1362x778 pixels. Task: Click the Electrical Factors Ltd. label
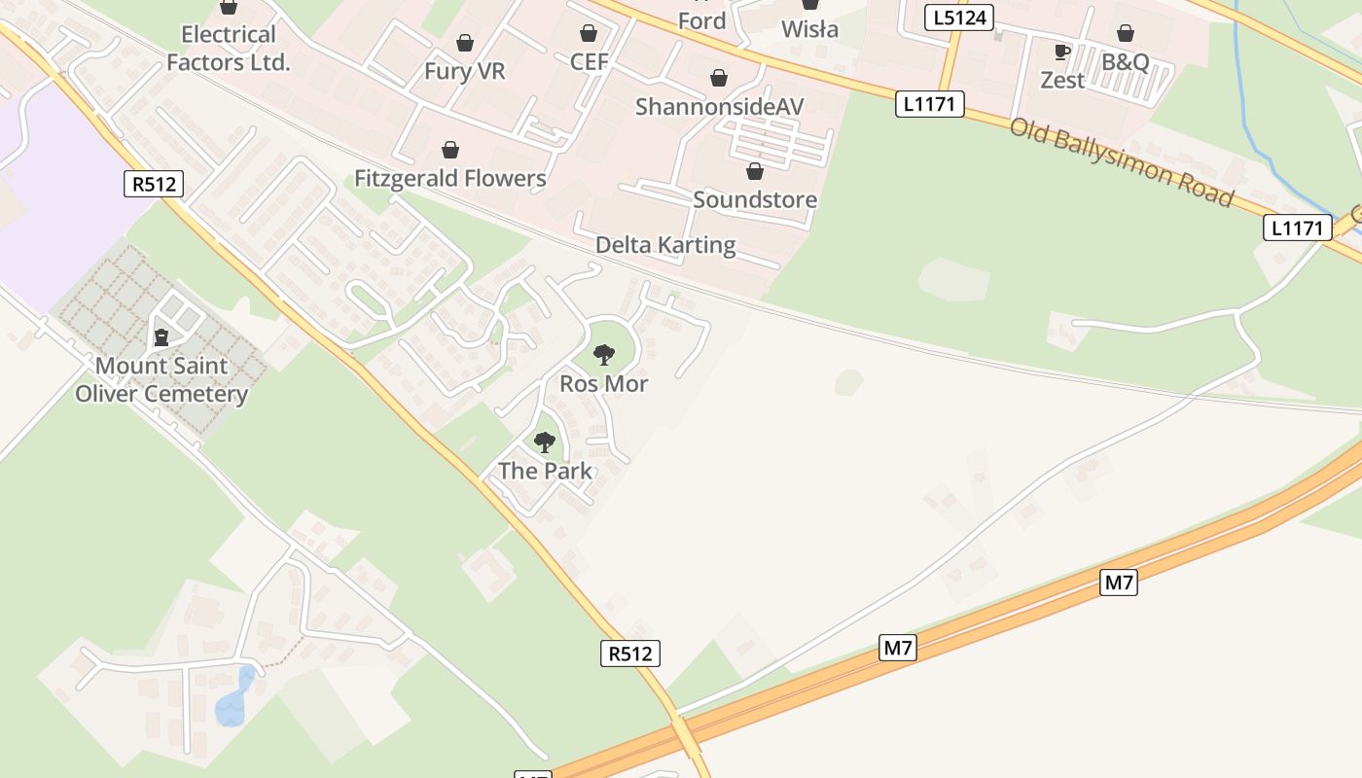(x=229, y=49)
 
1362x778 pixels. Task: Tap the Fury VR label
(x=465, y=71)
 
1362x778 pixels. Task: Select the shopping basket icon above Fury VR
(x=465, y=43)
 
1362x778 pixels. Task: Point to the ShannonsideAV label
(x=720, y=106)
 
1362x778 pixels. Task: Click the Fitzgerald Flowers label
(x=450, y=178)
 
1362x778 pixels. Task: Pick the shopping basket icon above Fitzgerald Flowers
(x=450, y=150)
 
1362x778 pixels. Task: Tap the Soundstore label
(x=755, y=199)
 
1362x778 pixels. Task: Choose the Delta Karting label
(x=665, y=244)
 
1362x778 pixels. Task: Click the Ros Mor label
(x=604, y=383)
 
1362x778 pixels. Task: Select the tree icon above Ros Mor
(x=604, y=354)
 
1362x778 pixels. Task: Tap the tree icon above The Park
(x=545, y=442)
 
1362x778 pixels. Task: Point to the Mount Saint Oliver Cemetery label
(x=161, y=380)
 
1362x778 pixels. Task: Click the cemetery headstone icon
(x=161, y=337)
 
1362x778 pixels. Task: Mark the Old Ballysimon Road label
(x=1122, y=161)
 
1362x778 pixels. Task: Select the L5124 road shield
(x=959, y=17)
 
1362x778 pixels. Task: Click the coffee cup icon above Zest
(x=1062, y=52)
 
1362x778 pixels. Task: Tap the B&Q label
(x=1126, y=62)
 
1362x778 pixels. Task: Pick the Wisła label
(x=810, y=29)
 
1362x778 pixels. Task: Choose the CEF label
(x=589, y=62)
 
